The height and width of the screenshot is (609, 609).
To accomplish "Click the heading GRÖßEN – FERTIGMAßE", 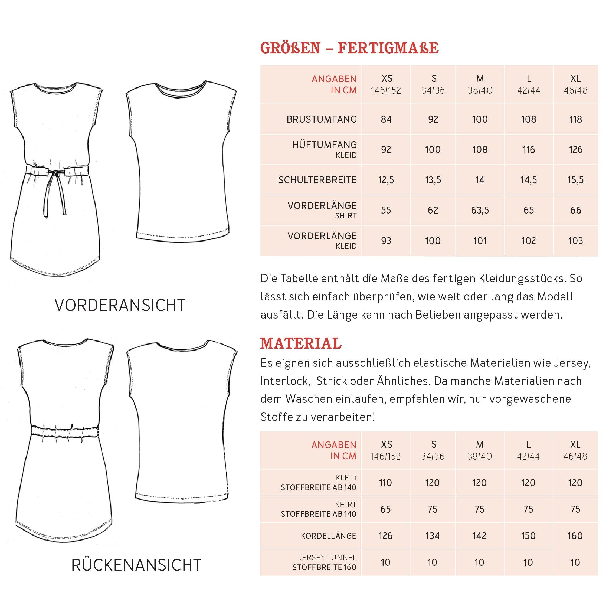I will click(x=349, y=48).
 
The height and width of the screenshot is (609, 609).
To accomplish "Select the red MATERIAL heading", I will click(x=301, y=343).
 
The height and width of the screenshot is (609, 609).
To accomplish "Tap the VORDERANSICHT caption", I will click(x=120, y=305).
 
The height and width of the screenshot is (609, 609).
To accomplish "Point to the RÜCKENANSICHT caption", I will click(x=136, y=565).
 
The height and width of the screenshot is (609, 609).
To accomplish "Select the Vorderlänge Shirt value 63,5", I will click(x=480, y=210).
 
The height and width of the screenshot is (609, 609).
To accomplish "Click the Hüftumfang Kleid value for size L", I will click(x=528, y=149).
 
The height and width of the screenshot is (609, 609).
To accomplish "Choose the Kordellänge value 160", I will click(x=575, y=536).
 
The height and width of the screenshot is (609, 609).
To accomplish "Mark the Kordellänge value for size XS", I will click(x=385, y=536).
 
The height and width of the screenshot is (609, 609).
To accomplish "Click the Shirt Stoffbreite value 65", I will click(x=385, y=509).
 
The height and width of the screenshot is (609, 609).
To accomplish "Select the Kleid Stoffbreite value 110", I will click(x=385, y=483).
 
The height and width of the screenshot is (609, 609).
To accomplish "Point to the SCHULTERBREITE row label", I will click(x=317, y=180).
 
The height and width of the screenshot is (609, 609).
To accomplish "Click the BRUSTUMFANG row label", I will click(x=322, y=119).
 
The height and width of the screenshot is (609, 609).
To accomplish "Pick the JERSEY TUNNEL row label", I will click(x=327, y=558).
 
